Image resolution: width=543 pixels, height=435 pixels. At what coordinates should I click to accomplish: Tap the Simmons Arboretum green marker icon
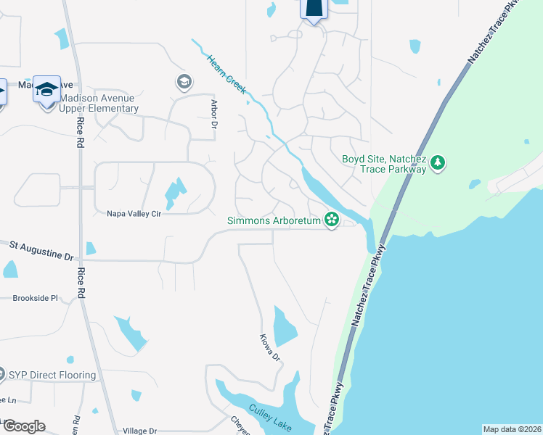(x=332, y=219)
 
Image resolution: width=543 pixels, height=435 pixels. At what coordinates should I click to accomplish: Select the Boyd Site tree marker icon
(x=437, y=163)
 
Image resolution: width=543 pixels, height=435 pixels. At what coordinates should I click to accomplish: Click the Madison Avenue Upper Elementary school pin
(x=46, y=90)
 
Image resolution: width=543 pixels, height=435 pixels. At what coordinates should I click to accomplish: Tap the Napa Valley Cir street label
(x=134, y=214)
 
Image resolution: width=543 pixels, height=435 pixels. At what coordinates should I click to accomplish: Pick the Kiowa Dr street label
(x=270, y=348)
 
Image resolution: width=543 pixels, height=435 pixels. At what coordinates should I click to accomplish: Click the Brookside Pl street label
(x=35, y=298)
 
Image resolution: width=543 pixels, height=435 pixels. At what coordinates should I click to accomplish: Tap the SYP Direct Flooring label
(x=52, y=375)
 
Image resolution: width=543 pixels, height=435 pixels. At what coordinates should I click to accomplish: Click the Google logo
(x=23, y=426)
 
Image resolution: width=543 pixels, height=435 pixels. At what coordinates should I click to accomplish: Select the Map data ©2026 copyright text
(x=512, y=429)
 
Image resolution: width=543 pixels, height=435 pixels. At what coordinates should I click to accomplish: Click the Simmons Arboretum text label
(x=274, y=220)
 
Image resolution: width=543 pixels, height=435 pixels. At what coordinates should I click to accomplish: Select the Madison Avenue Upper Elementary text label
(x=99, y=104)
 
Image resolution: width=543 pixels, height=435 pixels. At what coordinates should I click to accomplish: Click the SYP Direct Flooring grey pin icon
(x=2, y=375)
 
